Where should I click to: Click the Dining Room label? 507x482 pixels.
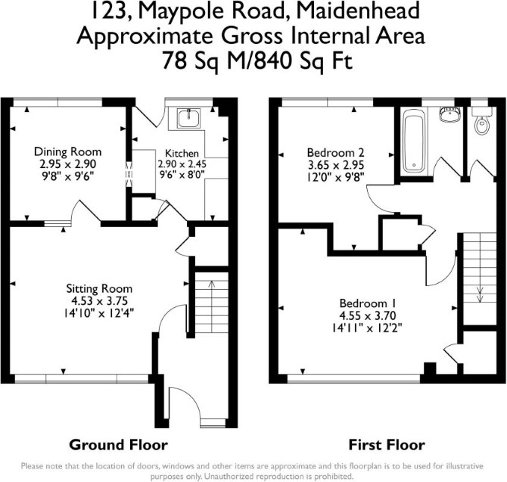pyautogui.click(x=67, y=151)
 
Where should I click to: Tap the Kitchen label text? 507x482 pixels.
pyautogui.click(x=182, y=153)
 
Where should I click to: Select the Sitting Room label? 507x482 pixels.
pyautogui.click(x=99, y=288)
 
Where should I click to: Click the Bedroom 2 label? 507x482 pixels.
pyautogui.click(x=336, y=152)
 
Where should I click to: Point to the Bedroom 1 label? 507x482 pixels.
pyautogui.click(x=368, y=303)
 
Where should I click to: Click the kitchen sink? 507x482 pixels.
pyautogui.click(x=189, y=118)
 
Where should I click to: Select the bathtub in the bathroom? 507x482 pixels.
pyautogui.click(x=414, y=140)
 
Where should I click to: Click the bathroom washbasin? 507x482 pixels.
pyautogui.click(x=449, y=114)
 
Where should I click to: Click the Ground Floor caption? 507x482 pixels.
pyautogui.click(x=118, y=445)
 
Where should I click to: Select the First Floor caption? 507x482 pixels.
pyautogui.click(x=387, y=445)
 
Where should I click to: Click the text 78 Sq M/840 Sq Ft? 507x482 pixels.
pyautogui.click(x=257, y=61)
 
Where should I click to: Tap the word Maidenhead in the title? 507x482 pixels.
pyautogui.click(x=358, y=11)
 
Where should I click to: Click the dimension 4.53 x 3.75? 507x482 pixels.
pyautogui.click(x=100, y=301)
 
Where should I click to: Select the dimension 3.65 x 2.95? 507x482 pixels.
pyautogui.click(x=336, y=165)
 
